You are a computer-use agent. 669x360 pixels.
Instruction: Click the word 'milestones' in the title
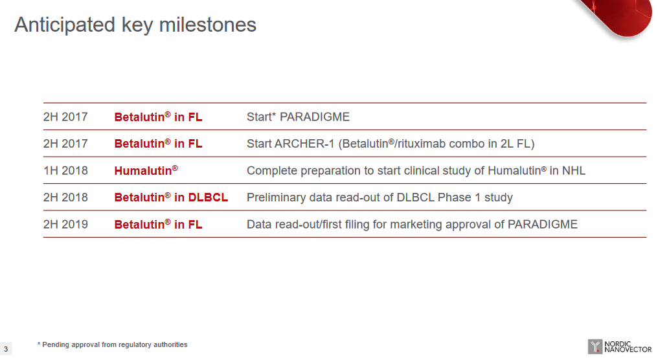pos(207,25)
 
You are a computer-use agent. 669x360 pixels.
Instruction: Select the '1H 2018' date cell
pos(65,171)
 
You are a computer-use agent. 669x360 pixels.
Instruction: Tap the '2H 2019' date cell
pos(65,225)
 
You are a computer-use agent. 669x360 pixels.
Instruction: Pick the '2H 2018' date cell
pos(65,197)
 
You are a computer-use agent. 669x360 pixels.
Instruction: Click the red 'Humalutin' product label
pos(146,170)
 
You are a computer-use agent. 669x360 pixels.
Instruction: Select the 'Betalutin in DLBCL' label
pos(171,197)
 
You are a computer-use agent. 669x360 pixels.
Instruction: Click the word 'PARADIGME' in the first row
pos(315,117)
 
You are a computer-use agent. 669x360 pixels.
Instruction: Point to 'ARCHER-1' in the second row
pos(304,144)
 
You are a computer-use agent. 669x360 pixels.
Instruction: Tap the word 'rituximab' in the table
pos(421,144)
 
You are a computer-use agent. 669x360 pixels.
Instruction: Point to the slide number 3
pos(6,349)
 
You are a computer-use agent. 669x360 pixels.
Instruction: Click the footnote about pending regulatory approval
pos(112,344)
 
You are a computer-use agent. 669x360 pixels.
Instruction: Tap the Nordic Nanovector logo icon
pos(595,347)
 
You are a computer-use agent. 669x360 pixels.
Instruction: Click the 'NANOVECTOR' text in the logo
pos(628,350)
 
